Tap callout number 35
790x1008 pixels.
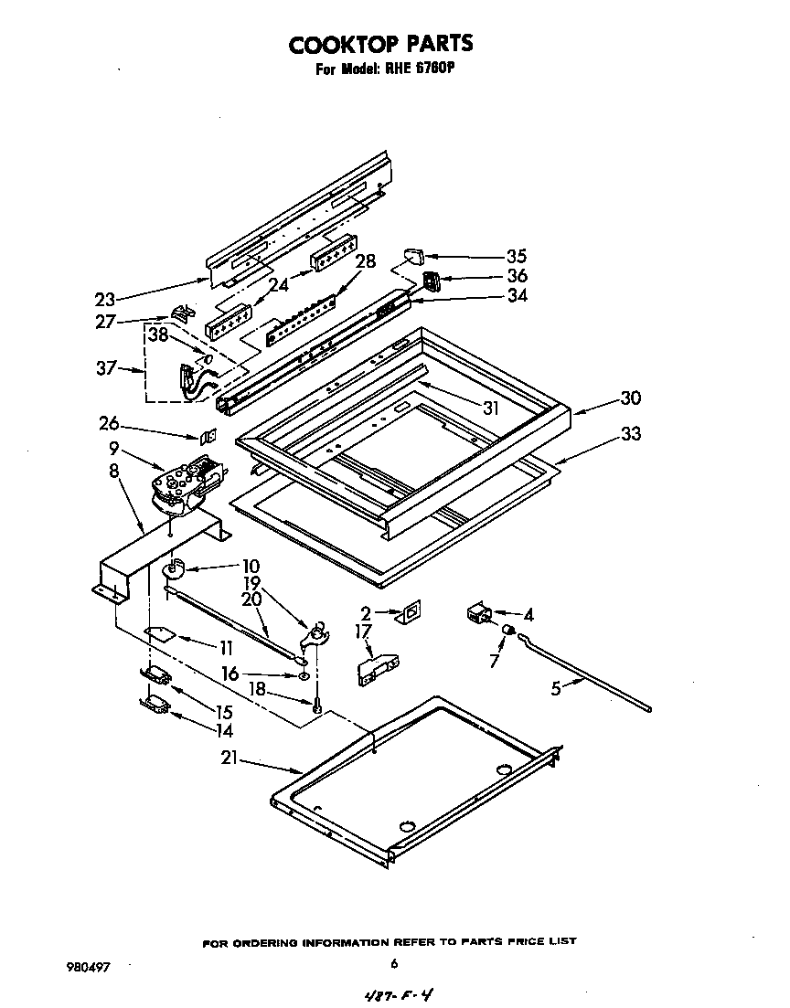(517, 257)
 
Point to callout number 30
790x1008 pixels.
(629, 398)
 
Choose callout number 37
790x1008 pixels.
(106, 368)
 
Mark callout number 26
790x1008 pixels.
(109, 423)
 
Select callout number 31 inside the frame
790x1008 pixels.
(491, 409)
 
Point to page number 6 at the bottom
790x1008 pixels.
(393, 963)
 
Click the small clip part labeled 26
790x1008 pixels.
(208, 437)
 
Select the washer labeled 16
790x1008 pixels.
(303, 676)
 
